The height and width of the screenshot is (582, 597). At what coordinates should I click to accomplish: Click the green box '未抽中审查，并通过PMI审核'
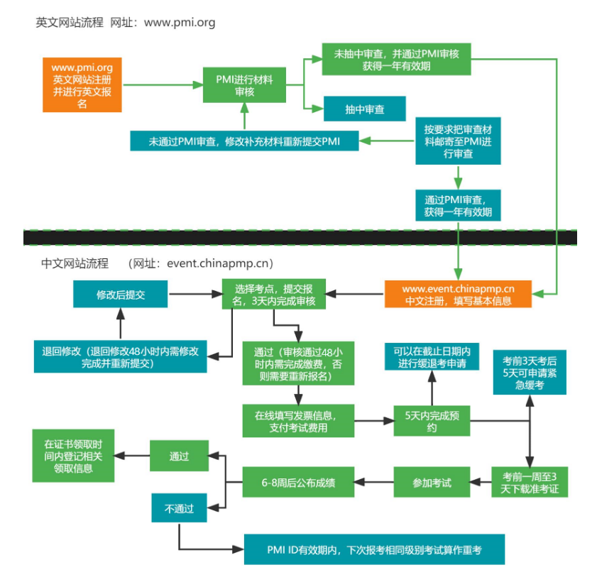click(396, 59)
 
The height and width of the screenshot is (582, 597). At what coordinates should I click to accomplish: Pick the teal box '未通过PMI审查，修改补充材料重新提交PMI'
click(244, 141)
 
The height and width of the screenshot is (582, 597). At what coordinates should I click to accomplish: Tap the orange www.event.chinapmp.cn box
click(458, 294)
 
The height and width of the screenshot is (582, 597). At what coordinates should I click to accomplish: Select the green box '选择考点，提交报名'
click(274, 294)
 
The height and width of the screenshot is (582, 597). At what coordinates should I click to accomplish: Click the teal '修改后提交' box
click(121, 294)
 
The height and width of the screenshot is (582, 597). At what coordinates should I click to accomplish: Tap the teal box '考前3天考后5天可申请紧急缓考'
click(530, 369)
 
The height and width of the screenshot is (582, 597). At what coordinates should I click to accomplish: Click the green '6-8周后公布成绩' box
click(298, 483)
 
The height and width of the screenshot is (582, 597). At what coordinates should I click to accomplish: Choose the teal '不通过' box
click(179, 508)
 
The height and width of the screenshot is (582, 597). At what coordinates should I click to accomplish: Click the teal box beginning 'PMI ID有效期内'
click(374, 549)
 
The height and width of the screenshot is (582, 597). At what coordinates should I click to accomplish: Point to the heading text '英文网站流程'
click(70, 23)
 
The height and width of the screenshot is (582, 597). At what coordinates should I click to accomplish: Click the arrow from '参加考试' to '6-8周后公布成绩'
click(374, 483)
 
